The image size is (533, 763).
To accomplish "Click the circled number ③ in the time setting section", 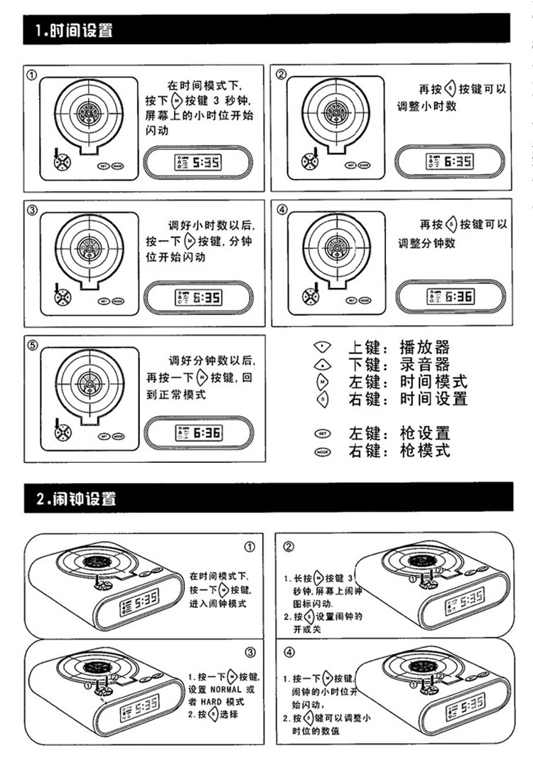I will point(32,210).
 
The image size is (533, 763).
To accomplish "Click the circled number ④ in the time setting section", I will point(282,210).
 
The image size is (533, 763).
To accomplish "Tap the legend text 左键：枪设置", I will point(399,433).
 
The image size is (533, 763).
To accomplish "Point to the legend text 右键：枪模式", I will point(399,451).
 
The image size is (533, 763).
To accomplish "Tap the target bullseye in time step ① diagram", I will point(88,112).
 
